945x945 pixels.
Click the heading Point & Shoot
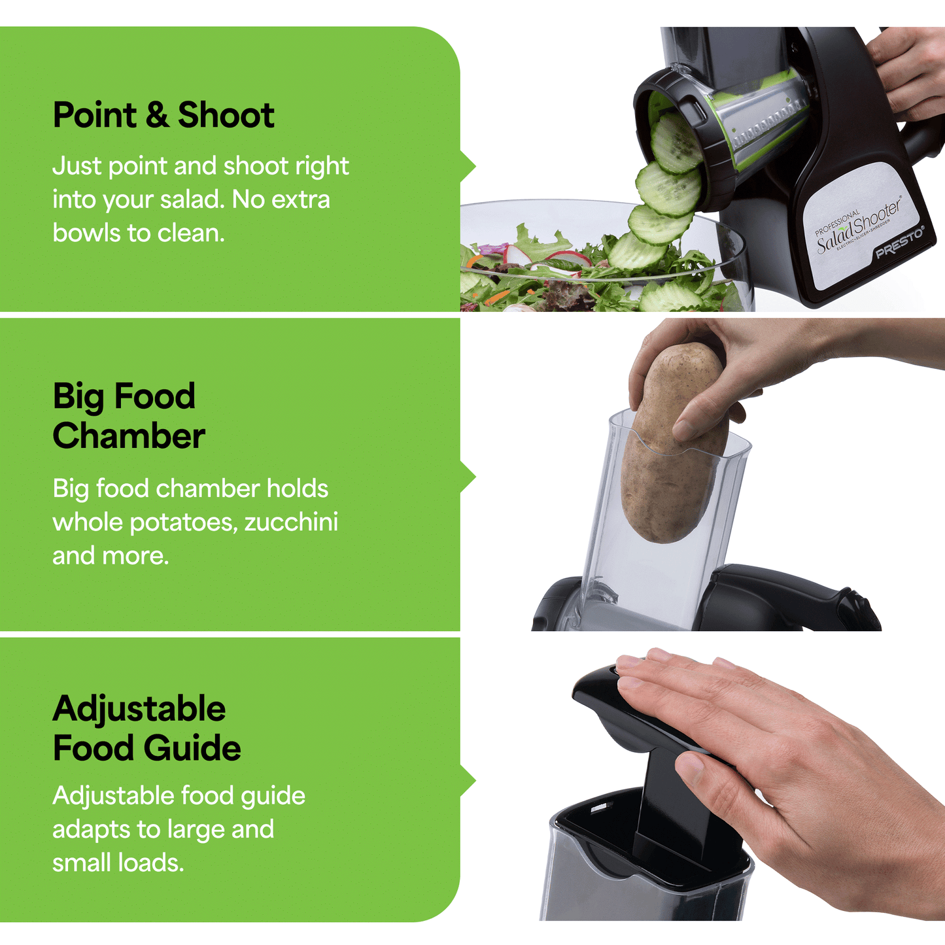click(x=163, y=115)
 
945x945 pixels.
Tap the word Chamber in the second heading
click(x=129, y=436)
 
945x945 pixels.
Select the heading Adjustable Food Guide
click(x=146, y=729)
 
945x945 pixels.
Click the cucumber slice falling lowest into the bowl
click(x=667, y=298)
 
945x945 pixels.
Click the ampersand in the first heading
click(x=157, y=115)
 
